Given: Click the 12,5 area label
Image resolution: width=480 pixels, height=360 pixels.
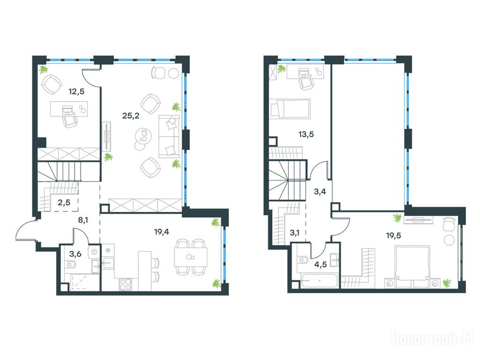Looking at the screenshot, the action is pos(76,91).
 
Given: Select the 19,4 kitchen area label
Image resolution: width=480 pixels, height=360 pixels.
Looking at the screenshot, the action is pos(162,232).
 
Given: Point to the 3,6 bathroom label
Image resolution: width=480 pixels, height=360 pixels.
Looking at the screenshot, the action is pos(75,254).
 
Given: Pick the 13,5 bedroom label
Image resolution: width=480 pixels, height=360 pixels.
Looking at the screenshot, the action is pos(306,134).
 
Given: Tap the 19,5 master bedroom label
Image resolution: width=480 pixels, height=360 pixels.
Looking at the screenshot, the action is pos(394,235).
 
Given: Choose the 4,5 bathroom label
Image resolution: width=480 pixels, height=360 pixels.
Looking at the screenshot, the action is pos(321,264).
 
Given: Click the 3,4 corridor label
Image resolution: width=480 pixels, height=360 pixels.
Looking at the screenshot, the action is pos(320,192).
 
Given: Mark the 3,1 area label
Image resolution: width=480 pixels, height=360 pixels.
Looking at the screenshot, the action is pos(294,233).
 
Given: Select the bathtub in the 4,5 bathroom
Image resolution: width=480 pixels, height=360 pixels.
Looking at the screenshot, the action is pos(319,281).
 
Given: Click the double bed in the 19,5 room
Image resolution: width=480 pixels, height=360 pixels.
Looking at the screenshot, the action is pos(412,266).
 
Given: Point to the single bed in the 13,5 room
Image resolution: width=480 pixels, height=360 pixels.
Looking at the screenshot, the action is pos(290,108).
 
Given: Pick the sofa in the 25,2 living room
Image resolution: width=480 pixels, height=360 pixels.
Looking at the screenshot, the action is pos(169,136).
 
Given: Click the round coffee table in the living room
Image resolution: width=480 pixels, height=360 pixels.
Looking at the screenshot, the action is pos(143,136).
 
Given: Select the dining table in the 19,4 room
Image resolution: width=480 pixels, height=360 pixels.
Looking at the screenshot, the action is pos(190,257).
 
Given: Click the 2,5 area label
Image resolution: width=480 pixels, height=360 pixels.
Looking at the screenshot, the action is pos(64,202).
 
